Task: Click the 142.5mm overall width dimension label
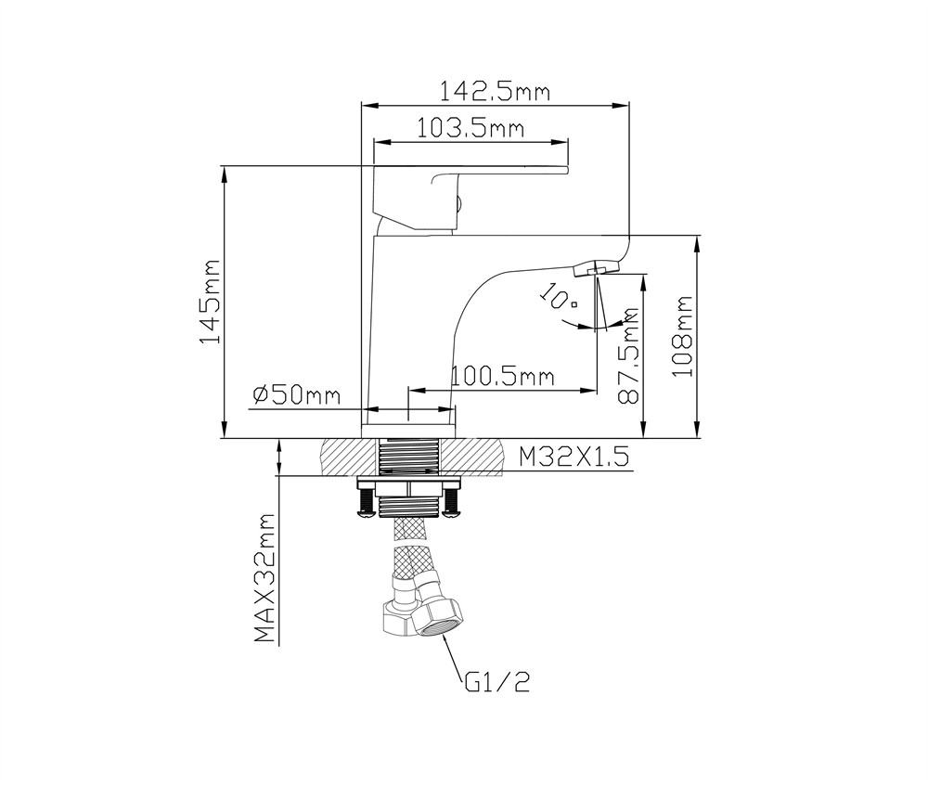click(495, 91)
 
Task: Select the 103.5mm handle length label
click(470, 128)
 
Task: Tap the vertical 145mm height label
click(211, 302)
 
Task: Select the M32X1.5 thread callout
click(574, 456)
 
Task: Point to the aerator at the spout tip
click(595, 268)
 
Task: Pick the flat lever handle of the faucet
click(501, 169)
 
